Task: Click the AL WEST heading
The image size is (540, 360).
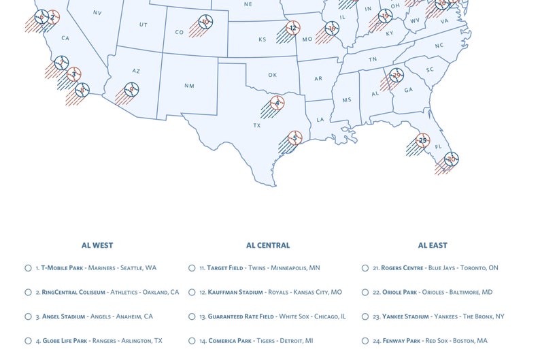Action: point(97,245)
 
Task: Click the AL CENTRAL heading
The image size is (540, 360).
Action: point(268,245)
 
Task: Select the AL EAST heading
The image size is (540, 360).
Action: point(433,245)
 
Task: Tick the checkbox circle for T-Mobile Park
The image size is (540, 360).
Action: point(28,268)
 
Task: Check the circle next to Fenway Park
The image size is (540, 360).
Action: point(365,341)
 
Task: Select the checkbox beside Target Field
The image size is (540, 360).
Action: point(192,268)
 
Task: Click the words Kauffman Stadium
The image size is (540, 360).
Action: point(235,293)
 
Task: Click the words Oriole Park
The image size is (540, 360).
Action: point(399,293)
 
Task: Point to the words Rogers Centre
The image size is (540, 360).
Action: point(403,268)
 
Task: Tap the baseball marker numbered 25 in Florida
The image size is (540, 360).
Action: point(422,140)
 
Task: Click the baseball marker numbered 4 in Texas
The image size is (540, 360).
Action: point(277,103)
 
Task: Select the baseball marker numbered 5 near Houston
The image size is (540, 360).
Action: point(294,138)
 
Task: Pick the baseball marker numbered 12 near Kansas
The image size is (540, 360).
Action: point(292,28)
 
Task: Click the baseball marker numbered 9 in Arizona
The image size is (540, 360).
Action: point(132,88)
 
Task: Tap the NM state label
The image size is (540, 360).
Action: point(189,86)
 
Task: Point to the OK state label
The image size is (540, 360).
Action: point(272,75)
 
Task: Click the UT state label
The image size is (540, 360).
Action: point(143,24)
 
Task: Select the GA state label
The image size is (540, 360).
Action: point(408,90)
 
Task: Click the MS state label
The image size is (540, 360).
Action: point(346,99)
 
